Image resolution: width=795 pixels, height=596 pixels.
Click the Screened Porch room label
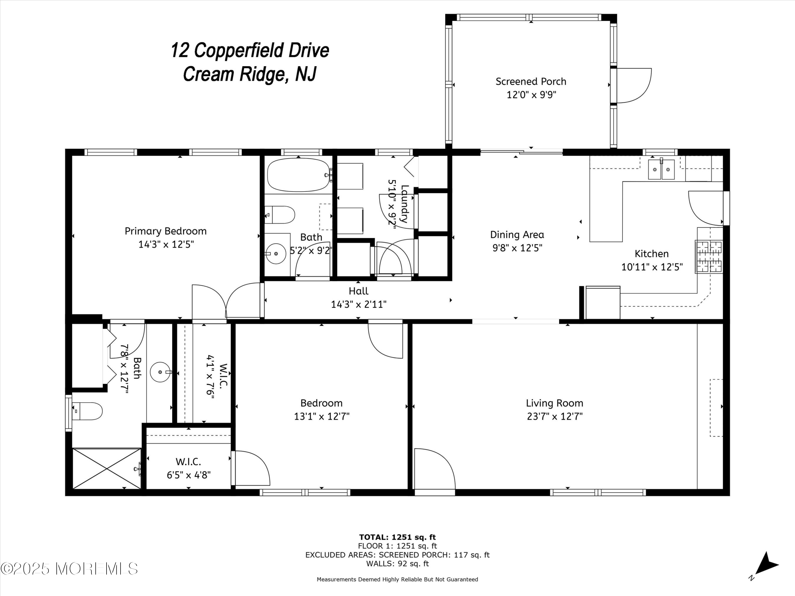tap(531, 82)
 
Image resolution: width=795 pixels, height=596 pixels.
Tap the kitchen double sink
tap(661, 169)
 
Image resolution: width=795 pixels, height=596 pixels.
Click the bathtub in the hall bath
tap(298, 175)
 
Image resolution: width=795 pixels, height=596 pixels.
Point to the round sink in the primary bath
tap(160, 372)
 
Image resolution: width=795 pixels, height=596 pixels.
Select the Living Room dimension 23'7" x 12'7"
tap(555, 416)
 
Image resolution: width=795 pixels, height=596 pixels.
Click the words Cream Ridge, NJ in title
tap(250, 74)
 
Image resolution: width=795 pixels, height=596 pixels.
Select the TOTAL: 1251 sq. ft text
tap(397, 537)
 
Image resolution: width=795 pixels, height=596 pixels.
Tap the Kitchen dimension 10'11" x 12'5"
tap(652, 267)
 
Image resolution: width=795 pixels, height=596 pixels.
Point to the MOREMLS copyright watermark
tap(69, 568)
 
